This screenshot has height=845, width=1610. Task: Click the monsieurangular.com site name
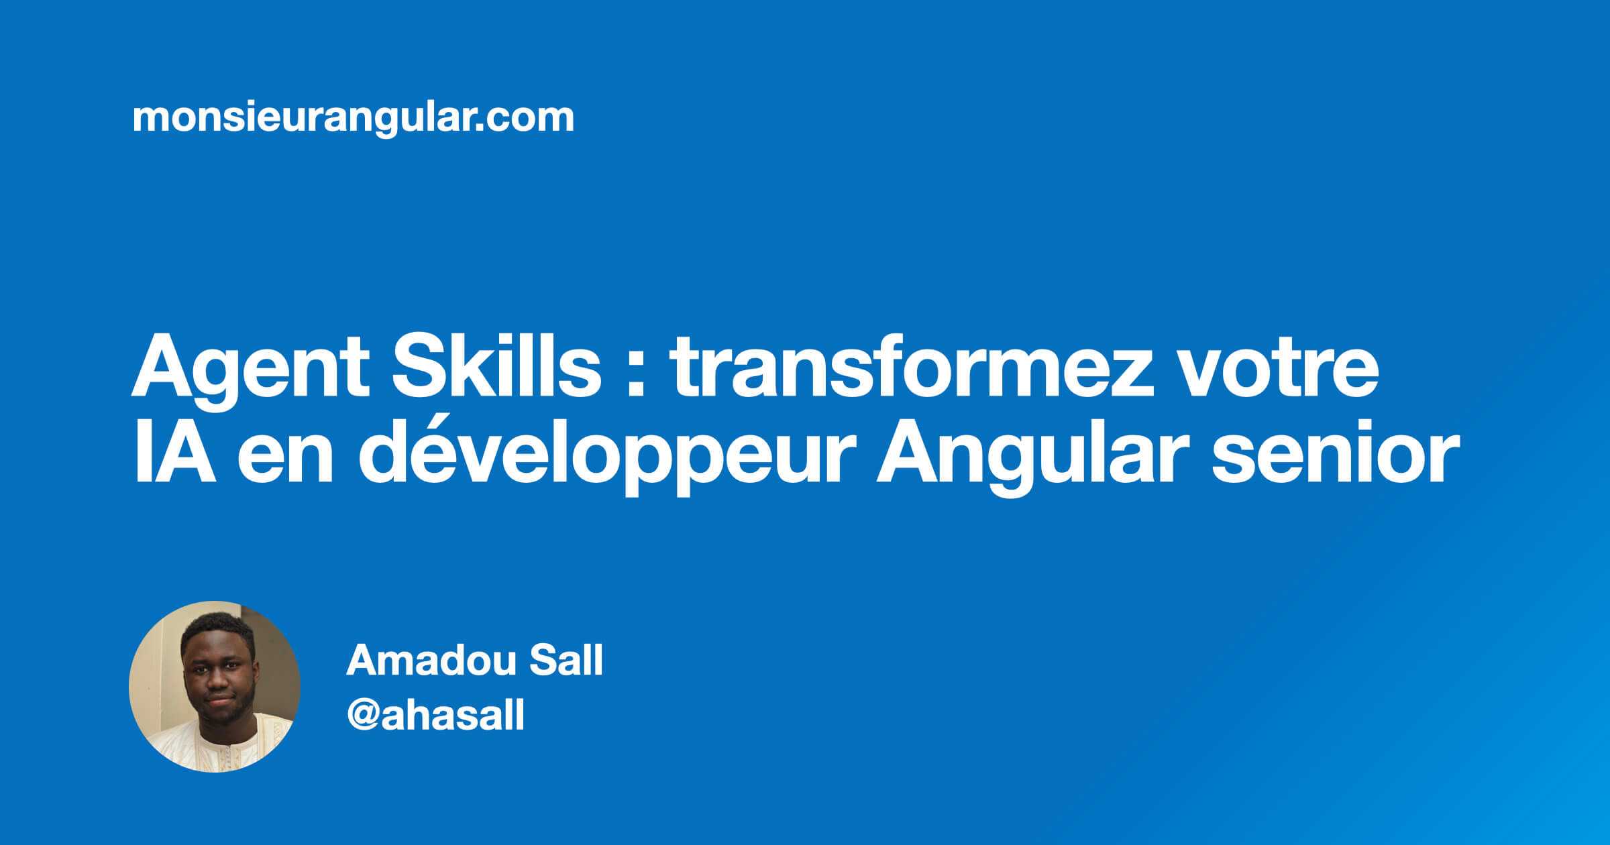353,119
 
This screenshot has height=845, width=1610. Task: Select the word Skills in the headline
496,371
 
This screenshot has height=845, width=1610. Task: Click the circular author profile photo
214,686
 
